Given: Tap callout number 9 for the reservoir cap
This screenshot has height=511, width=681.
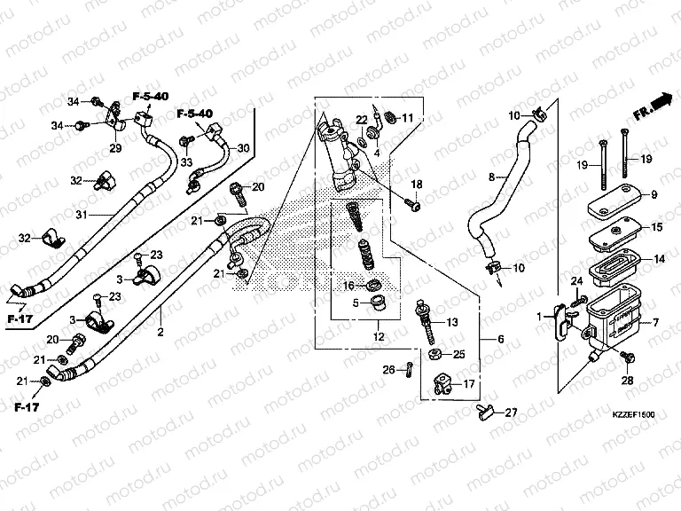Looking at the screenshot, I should click(654, 194).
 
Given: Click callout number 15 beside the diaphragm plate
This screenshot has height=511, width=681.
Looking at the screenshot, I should click(657, 228).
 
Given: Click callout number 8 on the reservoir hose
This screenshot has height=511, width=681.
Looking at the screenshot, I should click(491, 177).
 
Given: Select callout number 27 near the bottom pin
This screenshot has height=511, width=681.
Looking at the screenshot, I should click(511, 413).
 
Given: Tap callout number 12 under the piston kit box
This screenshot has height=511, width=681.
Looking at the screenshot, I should click(379, 337).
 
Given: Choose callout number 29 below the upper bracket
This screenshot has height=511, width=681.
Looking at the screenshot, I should click(115, 147).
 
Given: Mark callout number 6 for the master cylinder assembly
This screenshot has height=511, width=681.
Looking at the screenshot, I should click(500, 340).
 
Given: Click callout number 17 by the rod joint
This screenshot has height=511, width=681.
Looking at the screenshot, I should click(469, 385).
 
